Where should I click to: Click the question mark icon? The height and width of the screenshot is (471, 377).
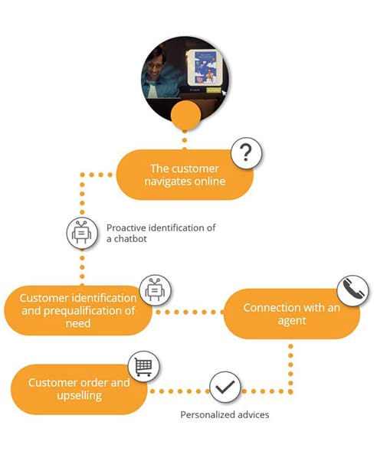(246, 153)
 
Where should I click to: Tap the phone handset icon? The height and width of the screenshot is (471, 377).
(352, 290)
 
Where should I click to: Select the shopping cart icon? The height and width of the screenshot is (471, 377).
(143, 366)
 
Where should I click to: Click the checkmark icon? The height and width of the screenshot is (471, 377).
(225, 387)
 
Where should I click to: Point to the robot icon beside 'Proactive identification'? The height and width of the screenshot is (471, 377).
(82, 233)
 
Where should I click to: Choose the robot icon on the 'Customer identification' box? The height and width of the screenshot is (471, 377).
(155, 290)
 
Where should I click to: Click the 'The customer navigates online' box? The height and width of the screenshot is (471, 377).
(185, 175)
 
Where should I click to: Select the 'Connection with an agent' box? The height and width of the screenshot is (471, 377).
(292, 313)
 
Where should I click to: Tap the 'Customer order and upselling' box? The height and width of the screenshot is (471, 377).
(79, 389)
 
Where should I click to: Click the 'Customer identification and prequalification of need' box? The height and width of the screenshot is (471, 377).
(78, 310)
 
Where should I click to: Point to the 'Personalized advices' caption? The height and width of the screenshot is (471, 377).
(225, 415)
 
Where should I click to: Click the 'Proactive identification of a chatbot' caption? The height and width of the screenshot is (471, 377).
(161, 233)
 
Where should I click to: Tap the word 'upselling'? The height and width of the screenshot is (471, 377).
(80, 396)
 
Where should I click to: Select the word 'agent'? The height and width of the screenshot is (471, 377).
(292, 321)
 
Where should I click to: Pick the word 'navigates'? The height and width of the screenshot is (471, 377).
(166, 182)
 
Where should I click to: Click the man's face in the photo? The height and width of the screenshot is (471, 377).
(156, 67)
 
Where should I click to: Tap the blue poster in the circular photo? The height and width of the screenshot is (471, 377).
(205, 67)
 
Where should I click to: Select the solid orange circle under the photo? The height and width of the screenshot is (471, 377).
(185, 116)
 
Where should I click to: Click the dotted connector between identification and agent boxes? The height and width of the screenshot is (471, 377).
(188, 312)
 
